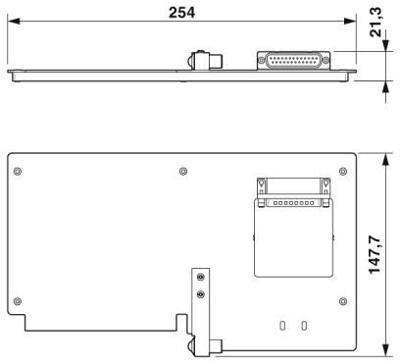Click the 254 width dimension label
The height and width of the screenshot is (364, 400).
(x=181, y=13)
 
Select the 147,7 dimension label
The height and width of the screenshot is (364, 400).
(x=375, y=255)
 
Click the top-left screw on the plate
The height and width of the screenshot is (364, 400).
(x=18, y=171)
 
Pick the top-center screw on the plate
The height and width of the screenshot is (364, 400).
(x=183, y=171)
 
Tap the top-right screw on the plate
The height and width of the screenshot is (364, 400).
(x=343, y=171)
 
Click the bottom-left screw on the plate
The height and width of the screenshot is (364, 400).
(x=18, y=301)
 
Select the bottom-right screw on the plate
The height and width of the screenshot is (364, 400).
(x=343, y=301)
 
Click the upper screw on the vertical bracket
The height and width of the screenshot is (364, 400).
(x=201, y=278)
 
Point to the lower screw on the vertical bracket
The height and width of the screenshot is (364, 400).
(x=201, y=294)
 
